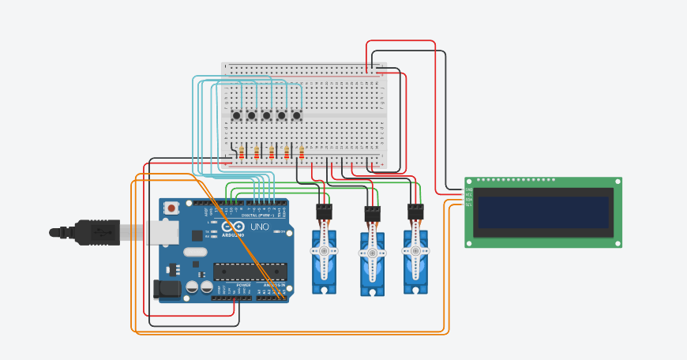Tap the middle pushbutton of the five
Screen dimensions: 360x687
coord(267,116)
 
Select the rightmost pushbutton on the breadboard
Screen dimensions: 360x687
coord(297,116)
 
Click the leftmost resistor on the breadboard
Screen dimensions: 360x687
coord(242,152)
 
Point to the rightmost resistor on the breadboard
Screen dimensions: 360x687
coord(301,152)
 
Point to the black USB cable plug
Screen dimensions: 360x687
coord(95,231)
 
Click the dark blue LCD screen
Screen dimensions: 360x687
coord(543,211)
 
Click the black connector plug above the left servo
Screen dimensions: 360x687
coord(324,212)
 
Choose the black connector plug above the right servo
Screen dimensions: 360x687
coord(415,212)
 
